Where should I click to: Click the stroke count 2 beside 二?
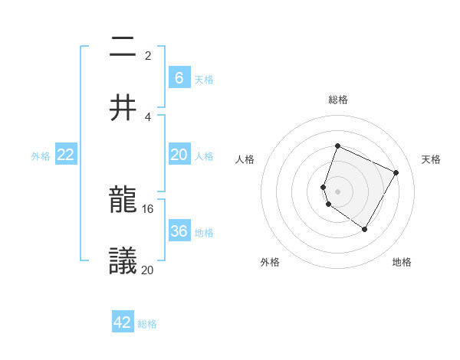point(148,56)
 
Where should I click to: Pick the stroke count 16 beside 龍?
point(148,208)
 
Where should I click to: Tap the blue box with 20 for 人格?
point(179,155)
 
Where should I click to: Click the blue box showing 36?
point(179,231)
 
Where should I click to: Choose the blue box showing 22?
point(66,155)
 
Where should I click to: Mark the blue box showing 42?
point(123,322)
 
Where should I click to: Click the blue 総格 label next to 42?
point(147,324)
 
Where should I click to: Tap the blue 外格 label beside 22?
point(41,156)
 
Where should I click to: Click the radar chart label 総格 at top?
point(338,100)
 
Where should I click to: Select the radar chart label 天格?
point(432,159)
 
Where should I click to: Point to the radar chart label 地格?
point(402,263)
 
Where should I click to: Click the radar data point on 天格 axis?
point(396,172)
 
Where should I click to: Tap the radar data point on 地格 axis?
point(365,229)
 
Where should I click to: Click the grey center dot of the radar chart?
point(338,191)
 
